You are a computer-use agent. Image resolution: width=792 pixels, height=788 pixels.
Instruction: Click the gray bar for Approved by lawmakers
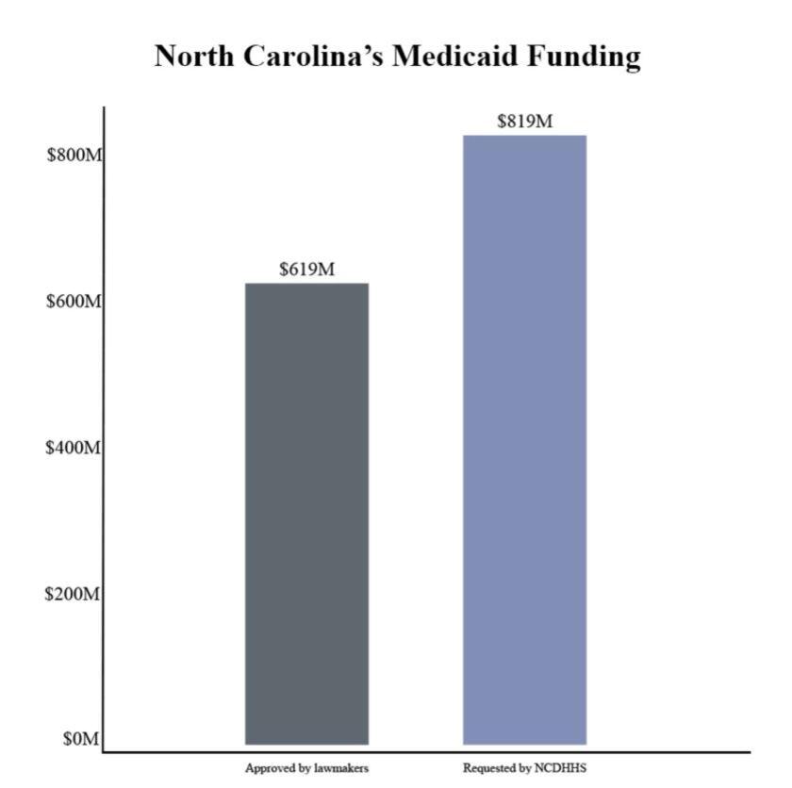(x=306, y=514)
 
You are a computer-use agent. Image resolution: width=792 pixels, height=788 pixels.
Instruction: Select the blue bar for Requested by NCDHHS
(x=524, y=440)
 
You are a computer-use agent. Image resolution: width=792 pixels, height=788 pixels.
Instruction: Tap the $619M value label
(x=306, y=270)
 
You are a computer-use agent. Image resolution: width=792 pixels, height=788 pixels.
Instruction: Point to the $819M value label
(x=524, y=121)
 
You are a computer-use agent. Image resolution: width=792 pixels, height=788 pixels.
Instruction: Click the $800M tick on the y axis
(x=74, y=155)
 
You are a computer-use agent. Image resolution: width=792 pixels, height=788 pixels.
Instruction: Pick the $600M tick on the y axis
(x=74, y=301)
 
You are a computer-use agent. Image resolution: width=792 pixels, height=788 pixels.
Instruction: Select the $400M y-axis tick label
(x=74, y=448)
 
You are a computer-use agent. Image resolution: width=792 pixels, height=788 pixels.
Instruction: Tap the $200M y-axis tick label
(x=74, y=595)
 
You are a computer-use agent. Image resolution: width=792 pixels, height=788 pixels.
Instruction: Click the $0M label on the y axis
(x=80, y=740)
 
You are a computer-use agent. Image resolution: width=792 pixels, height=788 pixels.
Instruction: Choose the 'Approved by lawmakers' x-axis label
(x=306, y=768)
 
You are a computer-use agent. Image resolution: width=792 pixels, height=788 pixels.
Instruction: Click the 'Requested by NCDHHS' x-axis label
(x=524, y=768)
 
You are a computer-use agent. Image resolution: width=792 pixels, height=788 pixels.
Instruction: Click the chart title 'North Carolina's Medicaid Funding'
(x=397, y=57)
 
